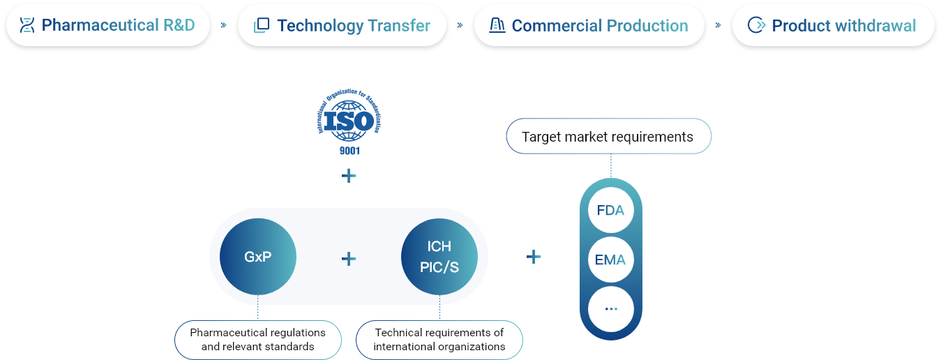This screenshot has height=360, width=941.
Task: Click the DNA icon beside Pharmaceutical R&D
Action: pyautogui.click(x=27, y=26)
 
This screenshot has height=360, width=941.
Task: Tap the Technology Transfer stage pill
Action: pyautogui.click(x=342, y=26)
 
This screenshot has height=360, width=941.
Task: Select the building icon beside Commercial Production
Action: pyautogui.click(x=497, y=26)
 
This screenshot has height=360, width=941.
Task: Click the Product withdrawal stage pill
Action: pyautogui.click(x=833, y=26)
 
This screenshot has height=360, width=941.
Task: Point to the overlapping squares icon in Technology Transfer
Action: pyautogui.click(x=262, y=26)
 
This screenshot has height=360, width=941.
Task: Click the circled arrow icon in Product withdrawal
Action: pyautogui.click(x=755, y=26)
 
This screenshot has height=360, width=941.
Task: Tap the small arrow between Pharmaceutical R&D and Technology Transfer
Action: pyautogui.click(x=224, y=25)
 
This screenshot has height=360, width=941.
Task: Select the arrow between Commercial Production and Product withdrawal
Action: pyautogui.click(x=718, y=25)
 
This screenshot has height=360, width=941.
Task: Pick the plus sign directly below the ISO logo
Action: pyautogui.click(x=349, y=176)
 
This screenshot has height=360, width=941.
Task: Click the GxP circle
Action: pyautogui.click(x=258, y=257)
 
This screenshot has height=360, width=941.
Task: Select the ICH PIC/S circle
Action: pyautogui.click(x=439, y=257)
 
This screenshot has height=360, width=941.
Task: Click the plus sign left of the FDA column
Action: pyautogui.click(x=534, y=257)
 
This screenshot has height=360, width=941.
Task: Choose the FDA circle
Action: pyautogui.click(x=610, y=209)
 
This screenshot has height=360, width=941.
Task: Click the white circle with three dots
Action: pyautogui.click(x=610, y=308)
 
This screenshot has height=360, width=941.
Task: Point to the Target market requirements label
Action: pyautogui.click(x=608, y=137)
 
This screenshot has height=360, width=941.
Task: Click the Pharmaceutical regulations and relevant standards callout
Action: pyautogui.click(x=258, y=340)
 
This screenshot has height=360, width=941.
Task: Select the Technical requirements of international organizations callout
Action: pyautogui.click(x=439, y=340)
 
